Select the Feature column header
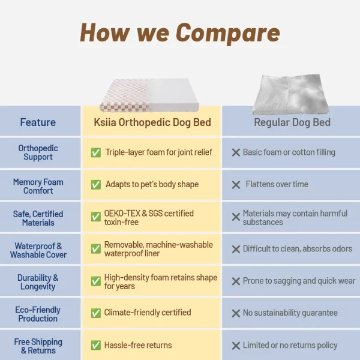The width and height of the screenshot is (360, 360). pyautogui.click(x=38, y=122)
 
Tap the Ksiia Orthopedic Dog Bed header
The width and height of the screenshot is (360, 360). pyautogui.click(x=152, y=122)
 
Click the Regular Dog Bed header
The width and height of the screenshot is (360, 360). pyautogui.click(x=292, y=122)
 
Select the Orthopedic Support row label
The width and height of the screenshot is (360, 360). pyautogui.click(x=38, y=152)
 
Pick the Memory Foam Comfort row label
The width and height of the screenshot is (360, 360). pyautogui.click(x=38, y=186)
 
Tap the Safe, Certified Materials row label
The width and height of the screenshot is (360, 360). pyautogui.click(x=38, y=218)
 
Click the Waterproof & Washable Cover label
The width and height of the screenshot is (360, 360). pyautogui.click(x=38, y=250)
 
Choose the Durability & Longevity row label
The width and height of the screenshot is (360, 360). pyautogui.click(x=38, y=282)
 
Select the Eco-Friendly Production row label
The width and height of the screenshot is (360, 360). pyautogui.click(x=38, y=314)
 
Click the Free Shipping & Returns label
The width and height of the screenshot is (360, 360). pyautogui.click(x=38, y=346)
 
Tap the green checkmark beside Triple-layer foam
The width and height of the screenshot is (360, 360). pyautogui.click(x=95, y=152)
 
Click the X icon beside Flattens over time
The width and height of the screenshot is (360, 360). pyautogui.click(x=236, y=185)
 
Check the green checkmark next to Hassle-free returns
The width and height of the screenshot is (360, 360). pyautogui.click(x=95, y=345)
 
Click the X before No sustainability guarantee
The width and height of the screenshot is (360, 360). pyautogui.click(x=236, y=313)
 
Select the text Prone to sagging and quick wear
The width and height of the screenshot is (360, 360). pyautogui.click(x=299, y=281)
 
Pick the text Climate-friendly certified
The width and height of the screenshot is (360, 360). pyautogui.click(x=148, y=313)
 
